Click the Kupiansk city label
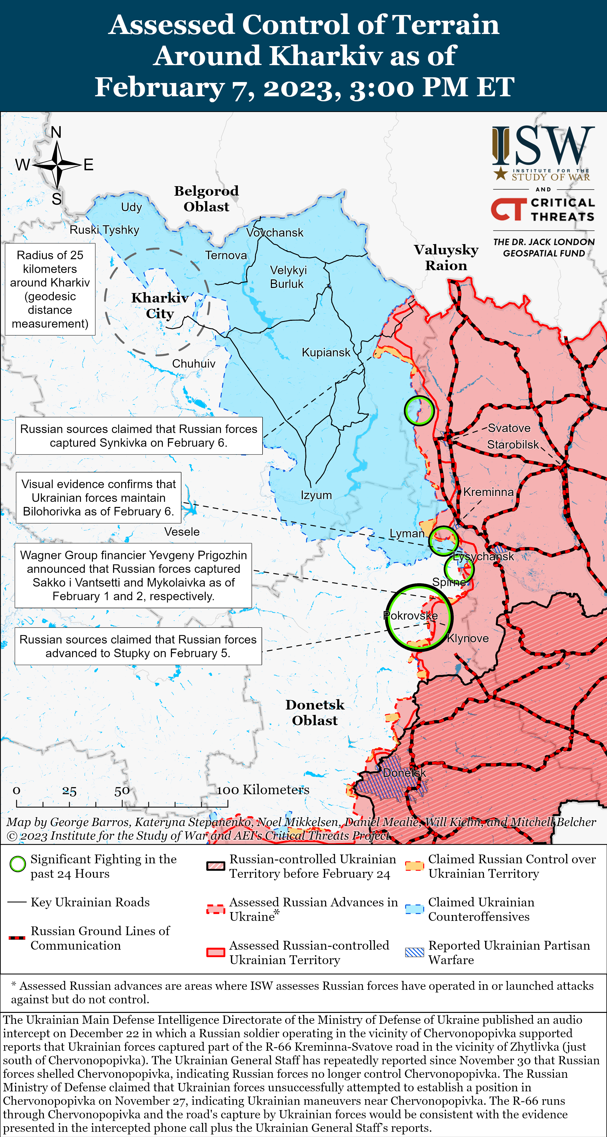click(x=326, y=352)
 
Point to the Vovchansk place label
click(x=275, y=233)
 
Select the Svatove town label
click(x=509, y=428)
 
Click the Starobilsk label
click(x=512, y=444)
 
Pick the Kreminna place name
click(x=488, y=492)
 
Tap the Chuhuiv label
click(x=194, y=364)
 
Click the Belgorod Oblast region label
click(x=206, y=199)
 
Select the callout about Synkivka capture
click(x=139, y=436)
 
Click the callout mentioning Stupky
click(x=138, y=646)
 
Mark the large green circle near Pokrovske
click(x=418, y=617)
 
